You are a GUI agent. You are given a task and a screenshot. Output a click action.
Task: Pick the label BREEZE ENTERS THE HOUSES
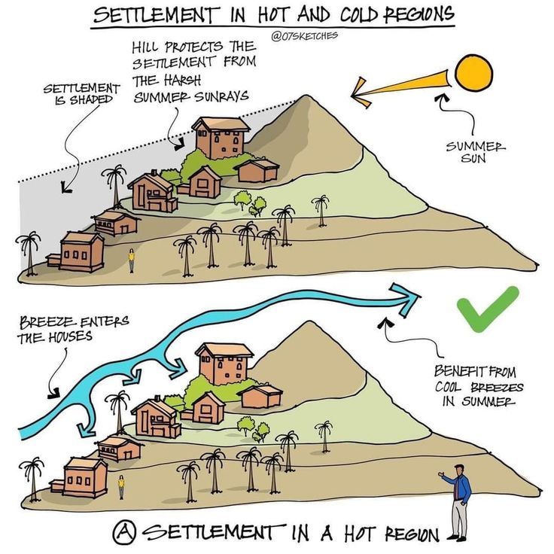72,329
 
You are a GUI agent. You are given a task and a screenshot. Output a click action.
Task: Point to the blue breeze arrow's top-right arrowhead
410,299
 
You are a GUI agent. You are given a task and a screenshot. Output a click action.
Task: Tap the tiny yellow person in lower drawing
120,486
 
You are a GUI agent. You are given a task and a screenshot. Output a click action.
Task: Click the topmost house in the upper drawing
221,138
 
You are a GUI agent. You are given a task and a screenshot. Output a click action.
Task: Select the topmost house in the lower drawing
224,363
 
